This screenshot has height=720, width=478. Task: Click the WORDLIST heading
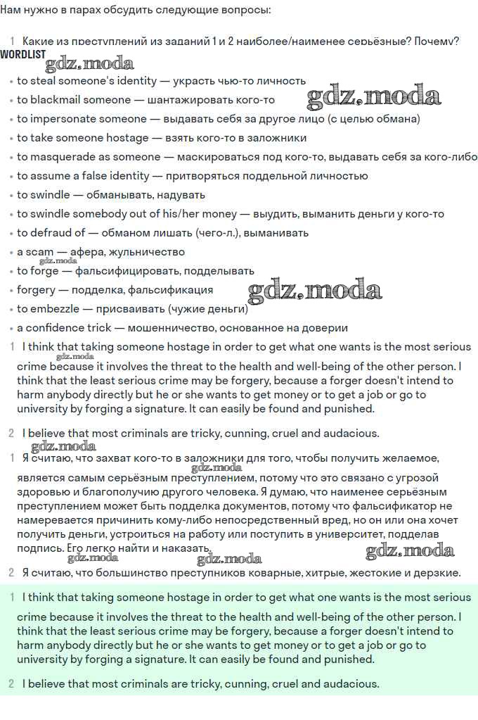(23, 54)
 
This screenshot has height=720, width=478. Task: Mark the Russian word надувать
(181, 195)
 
